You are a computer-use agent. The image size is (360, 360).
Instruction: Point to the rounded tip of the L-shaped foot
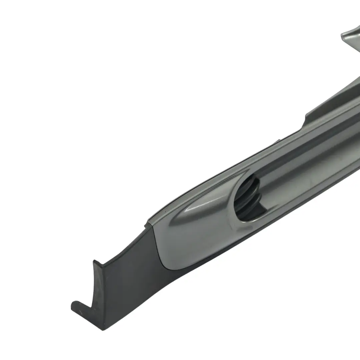tap(74, 305)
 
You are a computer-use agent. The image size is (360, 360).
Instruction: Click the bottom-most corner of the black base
tap(102, 330)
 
